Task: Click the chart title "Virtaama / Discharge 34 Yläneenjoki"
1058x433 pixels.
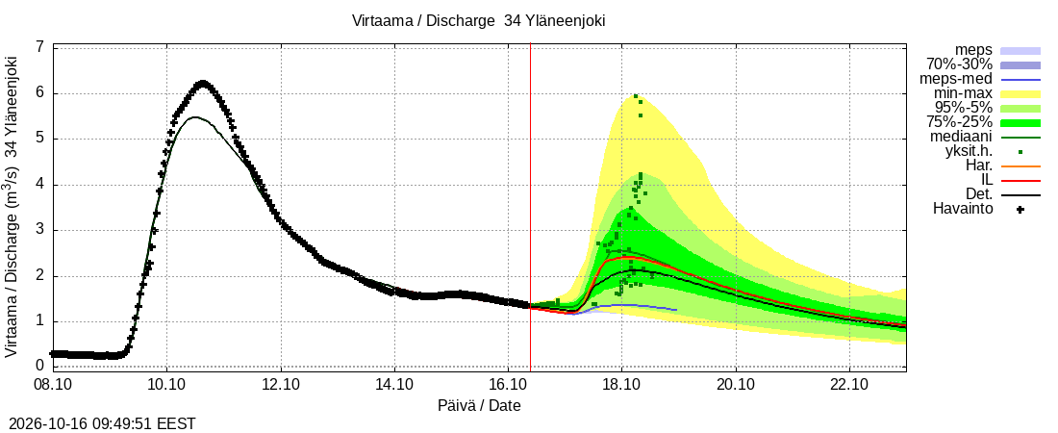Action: point(478,21)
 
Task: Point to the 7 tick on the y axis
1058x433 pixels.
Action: point(40,47)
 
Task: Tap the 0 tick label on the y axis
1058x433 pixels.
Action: point(40,366)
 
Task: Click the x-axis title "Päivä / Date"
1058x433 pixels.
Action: point(479,406)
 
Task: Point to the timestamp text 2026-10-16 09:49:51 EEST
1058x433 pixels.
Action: point(98,424)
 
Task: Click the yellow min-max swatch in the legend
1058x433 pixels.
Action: point(1020,94)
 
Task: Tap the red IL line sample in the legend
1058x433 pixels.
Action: point(1020,181)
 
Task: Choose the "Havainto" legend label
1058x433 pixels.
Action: point(964,209)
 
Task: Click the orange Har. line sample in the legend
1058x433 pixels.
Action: point(1020,166)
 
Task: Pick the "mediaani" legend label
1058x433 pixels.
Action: point(962,138)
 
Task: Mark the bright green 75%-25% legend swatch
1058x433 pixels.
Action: point(1020,123)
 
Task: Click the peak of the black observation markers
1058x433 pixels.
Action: point(202,84)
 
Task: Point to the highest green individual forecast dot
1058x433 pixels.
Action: point(636,96)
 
